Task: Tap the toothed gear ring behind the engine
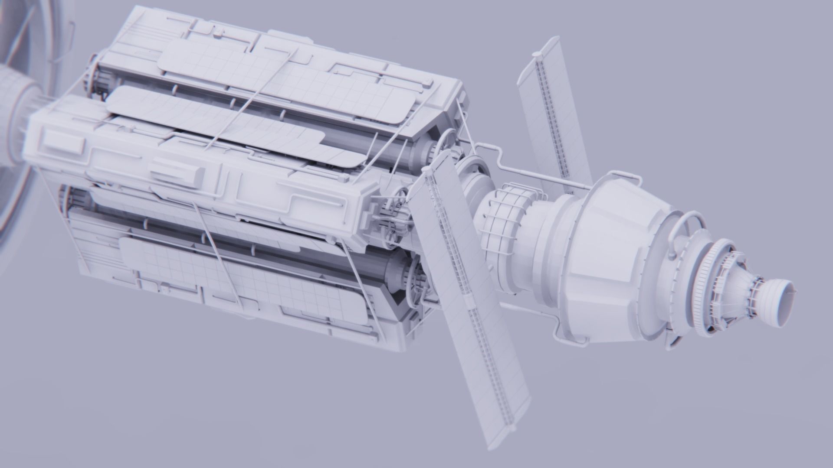point(712,277)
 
